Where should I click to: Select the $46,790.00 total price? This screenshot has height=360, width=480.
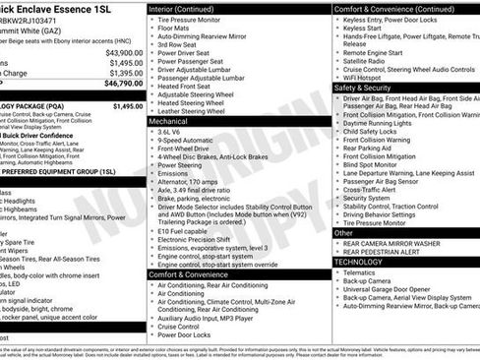tap(122, 85)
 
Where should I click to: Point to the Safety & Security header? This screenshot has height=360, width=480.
tap(368, 88)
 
